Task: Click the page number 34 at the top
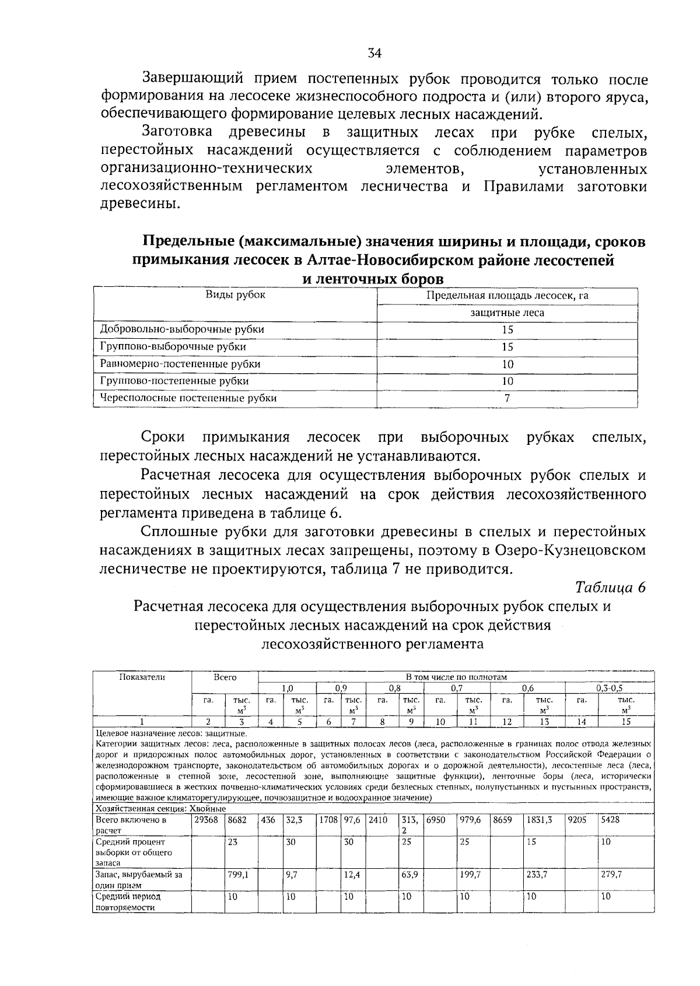374,54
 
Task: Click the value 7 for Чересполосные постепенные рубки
507,399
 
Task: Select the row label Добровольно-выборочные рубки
182,329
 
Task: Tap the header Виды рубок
235,295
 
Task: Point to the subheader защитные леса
507,313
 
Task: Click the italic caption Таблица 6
610,587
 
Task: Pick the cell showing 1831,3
539,819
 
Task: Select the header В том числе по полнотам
456,677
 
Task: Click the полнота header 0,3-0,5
609,688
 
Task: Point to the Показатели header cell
142,677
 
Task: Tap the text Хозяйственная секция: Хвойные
160,809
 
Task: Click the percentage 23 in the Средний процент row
233,842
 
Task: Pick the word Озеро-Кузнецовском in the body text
570,550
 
